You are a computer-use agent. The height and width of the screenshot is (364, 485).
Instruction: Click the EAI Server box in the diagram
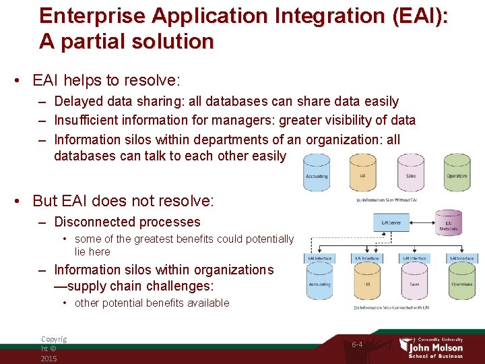(391, 222)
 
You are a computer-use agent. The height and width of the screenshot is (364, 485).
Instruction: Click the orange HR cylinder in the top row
(362, 173)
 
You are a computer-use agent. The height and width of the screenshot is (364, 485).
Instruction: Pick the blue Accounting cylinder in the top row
(316, 173)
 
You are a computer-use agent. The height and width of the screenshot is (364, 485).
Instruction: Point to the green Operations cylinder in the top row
(457, 173)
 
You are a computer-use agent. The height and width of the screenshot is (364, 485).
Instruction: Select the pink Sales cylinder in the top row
(410, 173)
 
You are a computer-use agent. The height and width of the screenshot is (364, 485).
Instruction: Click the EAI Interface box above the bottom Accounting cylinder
(320, 258)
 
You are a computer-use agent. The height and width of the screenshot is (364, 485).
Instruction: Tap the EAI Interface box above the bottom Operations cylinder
(463, 258)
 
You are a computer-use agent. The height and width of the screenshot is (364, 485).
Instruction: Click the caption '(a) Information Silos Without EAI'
(387, 200)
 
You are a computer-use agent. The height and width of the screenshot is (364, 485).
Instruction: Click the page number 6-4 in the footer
(357, 344)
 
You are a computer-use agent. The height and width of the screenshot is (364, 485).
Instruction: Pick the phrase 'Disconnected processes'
(127, 222)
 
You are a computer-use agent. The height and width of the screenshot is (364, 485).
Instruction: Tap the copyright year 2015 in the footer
(49, 358)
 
